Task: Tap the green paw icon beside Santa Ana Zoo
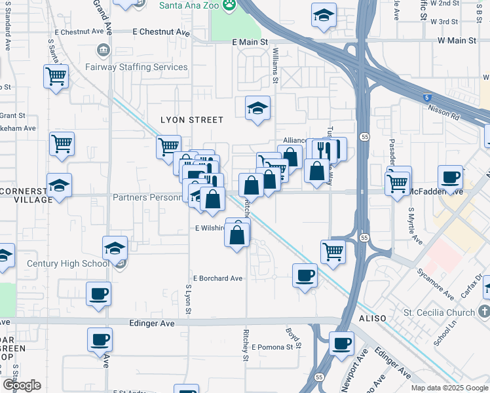(229, 6)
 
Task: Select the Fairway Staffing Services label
(136, 67)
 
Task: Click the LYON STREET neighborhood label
(192, 120)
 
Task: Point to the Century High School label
(67, 264)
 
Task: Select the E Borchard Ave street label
(217, 278)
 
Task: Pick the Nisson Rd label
(445, 113)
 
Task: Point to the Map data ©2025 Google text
(449, 388)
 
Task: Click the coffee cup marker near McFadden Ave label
(450, 177)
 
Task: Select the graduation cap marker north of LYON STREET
(258, 107)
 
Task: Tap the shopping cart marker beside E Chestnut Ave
(56, 77)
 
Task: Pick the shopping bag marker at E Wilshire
(237, 234)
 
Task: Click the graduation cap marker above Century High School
(115, 248)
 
